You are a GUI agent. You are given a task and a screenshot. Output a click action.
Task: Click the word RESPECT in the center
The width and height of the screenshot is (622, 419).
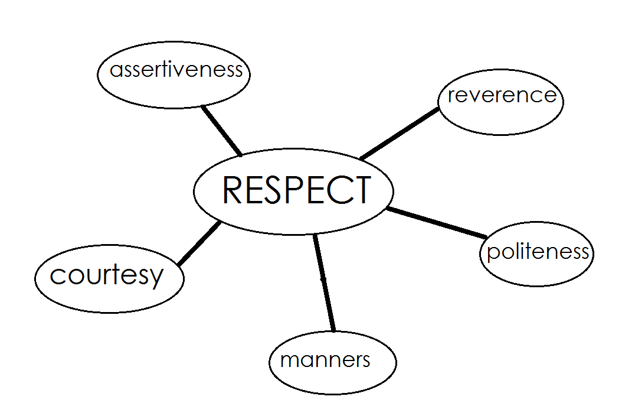point(296,190)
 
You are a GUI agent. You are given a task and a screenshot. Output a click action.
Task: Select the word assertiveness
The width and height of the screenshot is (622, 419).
point(176,70)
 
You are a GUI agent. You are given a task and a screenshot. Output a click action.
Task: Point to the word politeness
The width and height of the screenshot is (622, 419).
point(537,252)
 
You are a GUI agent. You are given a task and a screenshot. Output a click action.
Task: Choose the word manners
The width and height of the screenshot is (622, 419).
point(325,360)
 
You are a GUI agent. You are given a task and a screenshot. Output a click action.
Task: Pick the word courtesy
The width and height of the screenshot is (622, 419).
point(106,275)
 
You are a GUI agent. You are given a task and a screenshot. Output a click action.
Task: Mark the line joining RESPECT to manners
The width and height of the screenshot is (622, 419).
point(324,282)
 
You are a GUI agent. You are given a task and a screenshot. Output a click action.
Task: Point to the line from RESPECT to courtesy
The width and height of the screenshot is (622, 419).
point(199,243)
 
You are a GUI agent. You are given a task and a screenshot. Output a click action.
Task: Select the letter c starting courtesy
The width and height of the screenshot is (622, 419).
point(57,276)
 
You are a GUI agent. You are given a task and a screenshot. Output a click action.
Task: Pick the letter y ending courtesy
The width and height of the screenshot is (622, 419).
point(156,278)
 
